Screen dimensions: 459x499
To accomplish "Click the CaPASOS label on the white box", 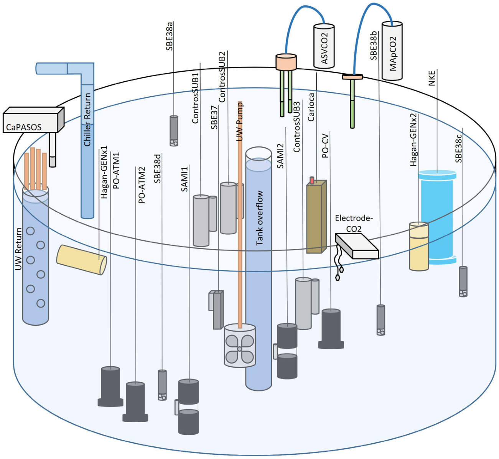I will [24, 127].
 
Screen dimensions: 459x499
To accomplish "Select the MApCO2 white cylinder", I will [392, 51].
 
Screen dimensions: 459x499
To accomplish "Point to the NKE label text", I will [432, 77].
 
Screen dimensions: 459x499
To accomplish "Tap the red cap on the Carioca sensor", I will [312, 180].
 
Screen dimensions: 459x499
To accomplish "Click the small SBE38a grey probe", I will [174, 131].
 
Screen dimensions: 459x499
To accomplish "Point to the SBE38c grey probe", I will [463, 281].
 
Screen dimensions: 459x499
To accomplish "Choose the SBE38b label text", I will [374, 46].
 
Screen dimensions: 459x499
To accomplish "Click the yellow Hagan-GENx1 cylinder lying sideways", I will [81, 260].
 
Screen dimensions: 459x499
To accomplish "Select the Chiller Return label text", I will [87, 119].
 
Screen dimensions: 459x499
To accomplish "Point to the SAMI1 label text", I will [184, 179].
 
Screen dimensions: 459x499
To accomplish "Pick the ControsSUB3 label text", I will [296, 127].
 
